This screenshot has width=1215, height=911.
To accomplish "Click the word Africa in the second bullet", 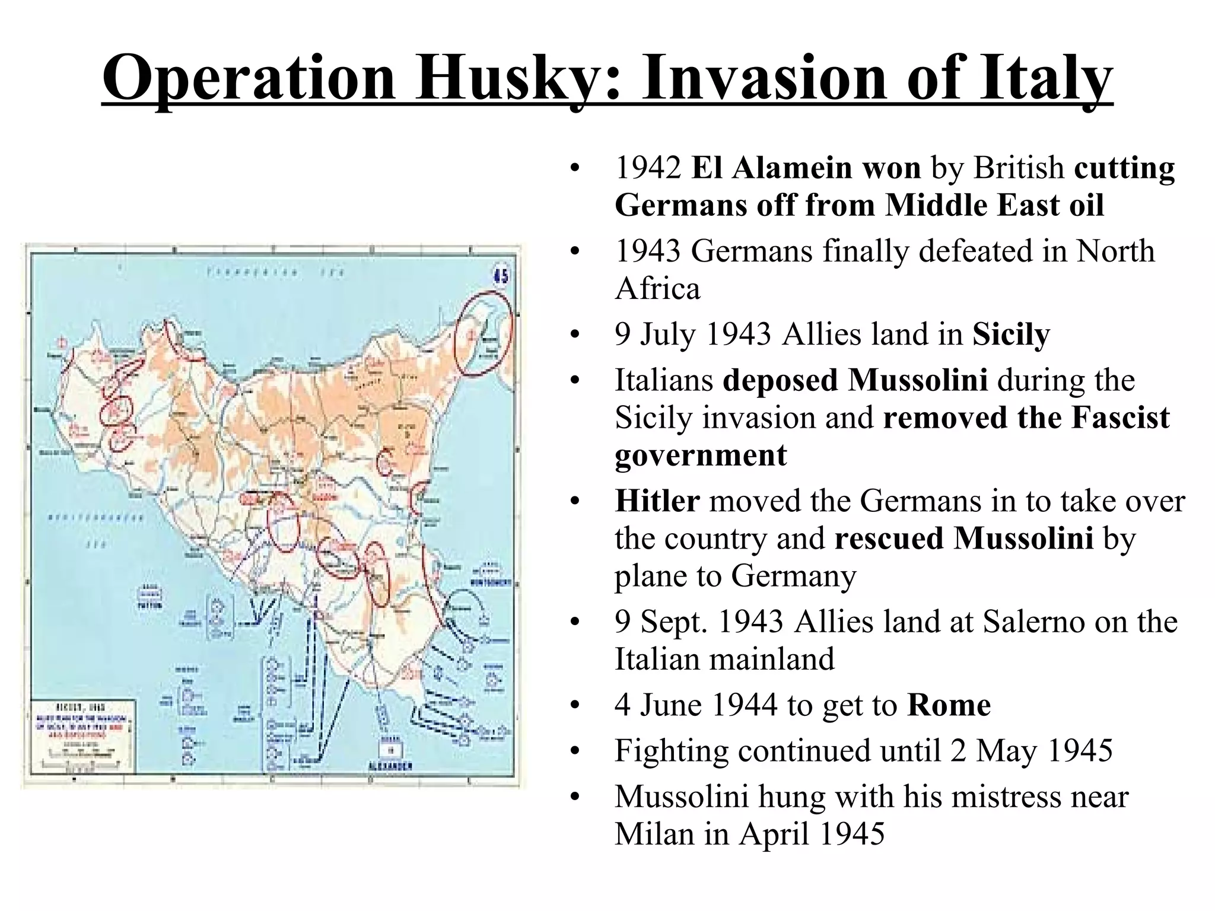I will [657, 289].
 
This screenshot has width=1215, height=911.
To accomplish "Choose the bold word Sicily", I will [1011, 335].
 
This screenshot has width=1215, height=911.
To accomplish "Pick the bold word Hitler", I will [657, 501].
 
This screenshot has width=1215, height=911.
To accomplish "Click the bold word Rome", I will [949, 705].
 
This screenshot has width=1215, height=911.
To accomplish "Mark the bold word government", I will [701, 455].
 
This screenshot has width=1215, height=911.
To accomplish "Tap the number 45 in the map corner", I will [501, 276].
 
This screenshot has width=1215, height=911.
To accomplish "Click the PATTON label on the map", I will [146, 606].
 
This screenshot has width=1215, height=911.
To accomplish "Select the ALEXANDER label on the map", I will [389, 766].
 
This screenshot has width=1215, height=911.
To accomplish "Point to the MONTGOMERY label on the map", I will [491, 583].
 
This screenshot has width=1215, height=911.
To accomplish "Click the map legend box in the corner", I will [84, 735].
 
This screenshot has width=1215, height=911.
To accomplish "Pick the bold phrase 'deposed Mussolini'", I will [855, 381].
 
